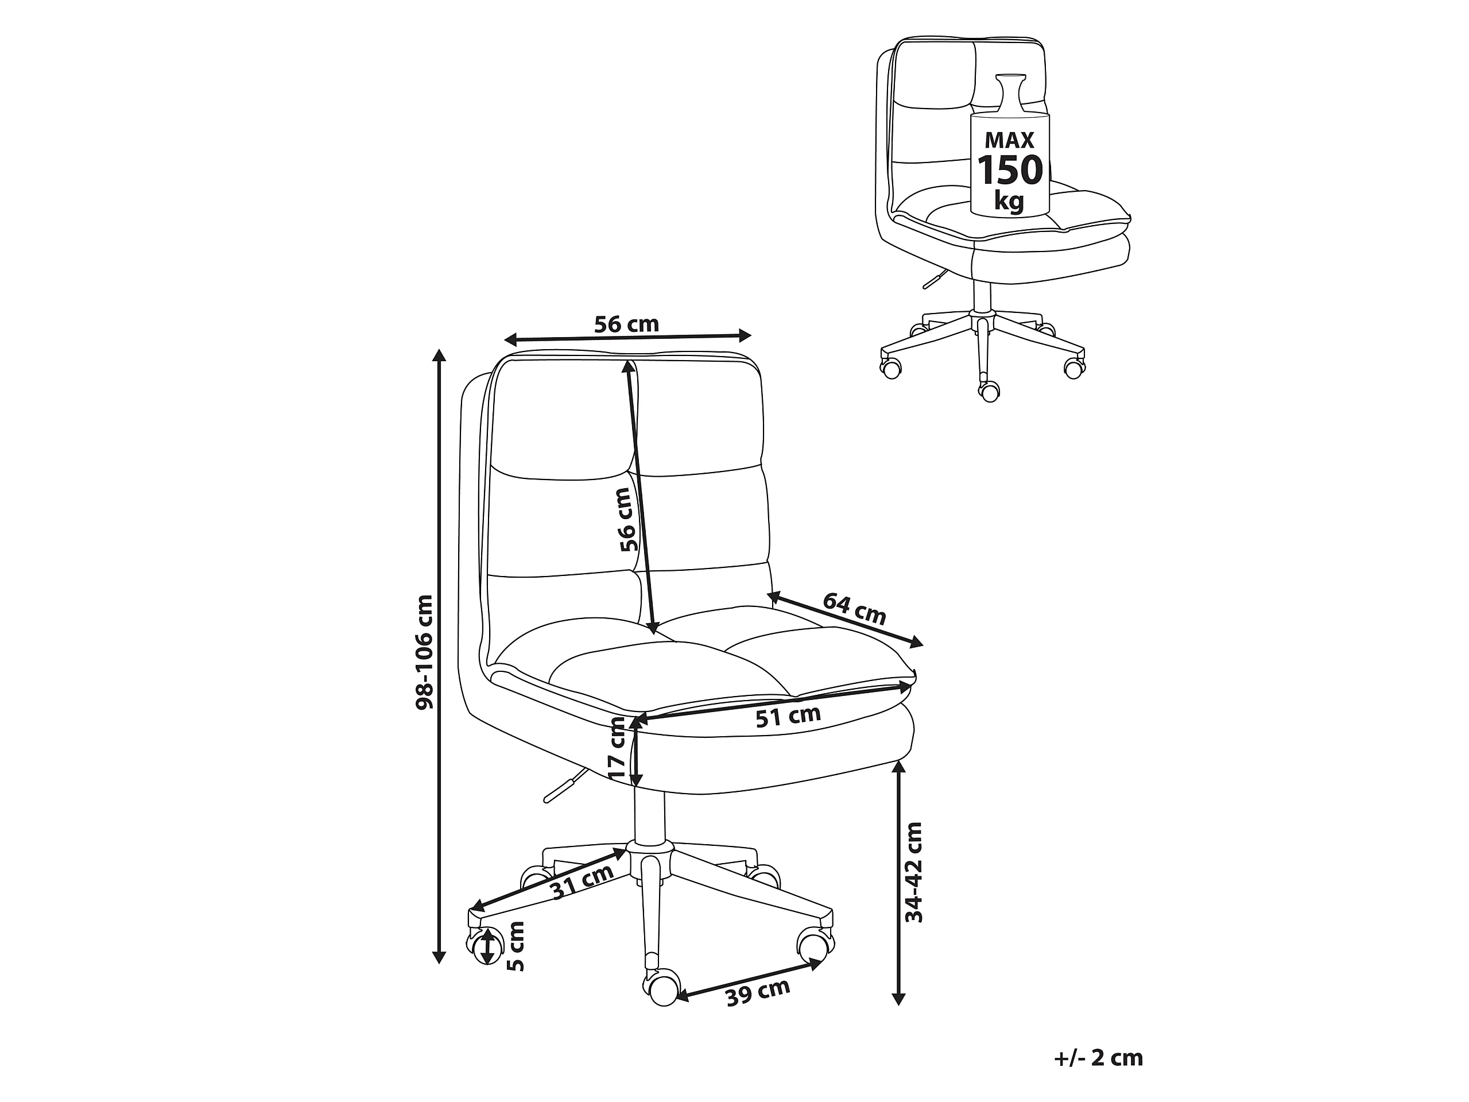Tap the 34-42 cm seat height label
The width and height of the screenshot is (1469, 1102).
914,872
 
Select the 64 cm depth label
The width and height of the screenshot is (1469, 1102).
855,609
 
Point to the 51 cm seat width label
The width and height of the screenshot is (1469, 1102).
788,716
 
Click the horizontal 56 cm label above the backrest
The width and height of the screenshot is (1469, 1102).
626,324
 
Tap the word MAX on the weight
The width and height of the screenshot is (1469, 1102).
1009,140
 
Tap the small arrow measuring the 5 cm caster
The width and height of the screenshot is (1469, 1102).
489,946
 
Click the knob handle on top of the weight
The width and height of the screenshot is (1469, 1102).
1010,94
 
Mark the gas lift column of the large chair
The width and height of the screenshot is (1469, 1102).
649,818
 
